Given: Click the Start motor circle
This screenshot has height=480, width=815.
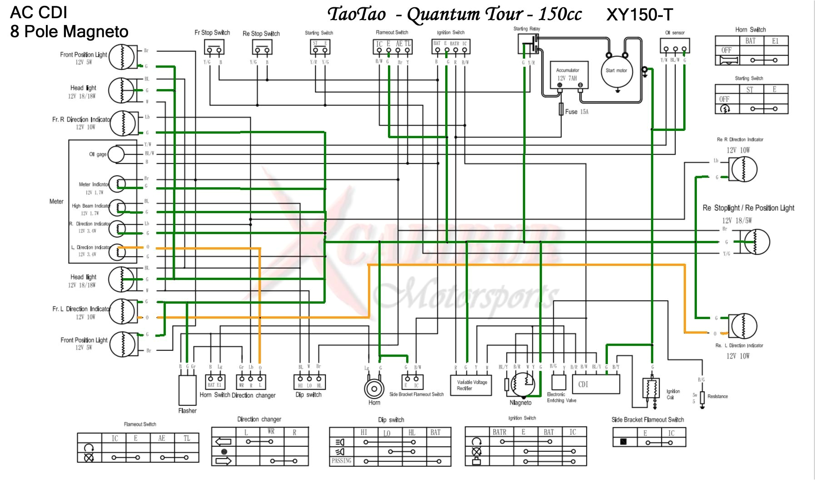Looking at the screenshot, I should tap(616, 70).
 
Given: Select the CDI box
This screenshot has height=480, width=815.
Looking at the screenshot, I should tap(596, 384).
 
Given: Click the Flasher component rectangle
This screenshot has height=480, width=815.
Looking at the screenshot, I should tap(187, 390).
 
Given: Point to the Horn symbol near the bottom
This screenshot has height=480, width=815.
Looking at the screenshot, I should tap(374, 389).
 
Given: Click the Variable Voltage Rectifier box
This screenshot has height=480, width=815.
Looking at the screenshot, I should tap(471, 385).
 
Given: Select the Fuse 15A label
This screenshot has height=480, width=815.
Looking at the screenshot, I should tap(576, 112).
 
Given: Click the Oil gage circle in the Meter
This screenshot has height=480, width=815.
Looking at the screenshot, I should tap(116, 154).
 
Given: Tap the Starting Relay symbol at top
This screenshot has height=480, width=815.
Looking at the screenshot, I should tap(528, 44).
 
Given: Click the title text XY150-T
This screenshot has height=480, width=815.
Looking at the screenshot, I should tap(639, 15).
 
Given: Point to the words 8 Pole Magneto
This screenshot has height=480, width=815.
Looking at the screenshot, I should tap(69, 32).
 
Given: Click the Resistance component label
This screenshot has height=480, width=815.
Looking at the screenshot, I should tap(717, 396).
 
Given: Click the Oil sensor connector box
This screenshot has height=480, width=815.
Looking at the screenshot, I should tap(675, 46).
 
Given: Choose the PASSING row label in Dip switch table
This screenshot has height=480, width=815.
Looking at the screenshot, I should tap(341, 461).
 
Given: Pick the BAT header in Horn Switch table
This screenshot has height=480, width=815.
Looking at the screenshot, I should tap(750, 41).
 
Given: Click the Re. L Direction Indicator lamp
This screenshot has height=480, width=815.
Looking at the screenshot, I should tap(743, 326).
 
